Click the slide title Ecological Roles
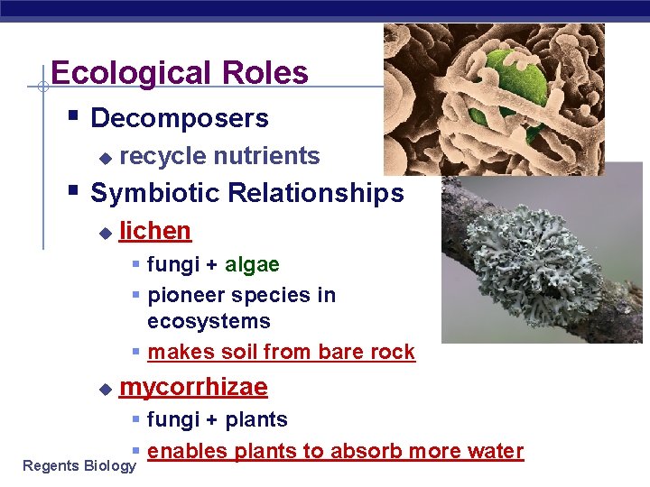[x=180, y=73]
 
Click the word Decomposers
[x=180, y=118]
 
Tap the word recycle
[x=163, y=156]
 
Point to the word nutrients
[x=266, y=156]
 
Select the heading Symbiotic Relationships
[x=247, y=193]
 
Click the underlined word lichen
[x=155, y=231]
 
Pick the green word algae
[x=252, y=265]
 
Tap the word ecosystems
[x=209, y=321]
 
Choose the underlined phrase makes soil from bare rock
[x=281, y=352]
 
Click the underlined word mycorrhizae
[x=193, y=388]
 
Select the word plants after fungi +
[x=256, y=419]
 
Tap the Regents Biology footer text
[x=79, y=465]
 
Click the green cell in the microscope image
[x=517, y=77]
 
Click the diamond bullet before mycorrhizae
[x=105, y=389]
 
